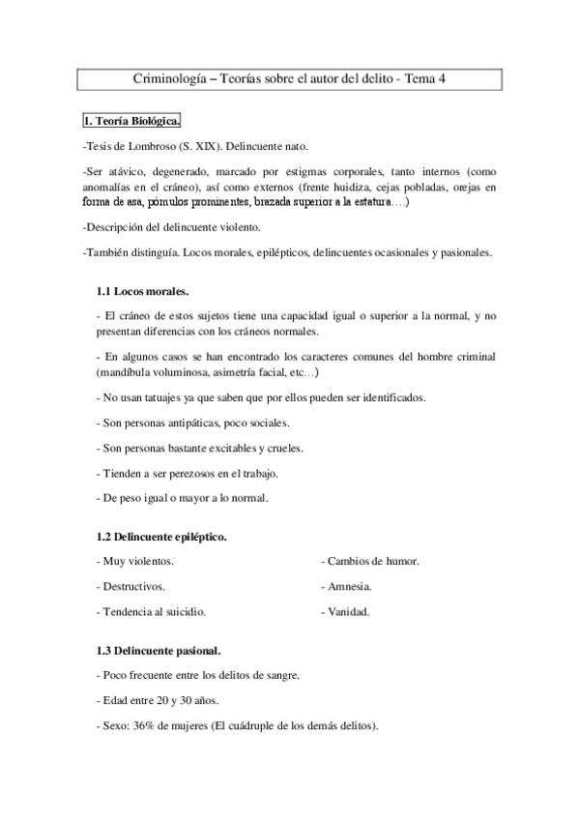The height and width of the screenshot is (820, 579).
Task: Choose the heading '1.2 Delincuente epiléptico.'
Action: [162, 535]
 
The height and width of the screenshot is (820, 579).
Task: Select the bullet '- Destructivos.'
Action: [130, 586]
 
